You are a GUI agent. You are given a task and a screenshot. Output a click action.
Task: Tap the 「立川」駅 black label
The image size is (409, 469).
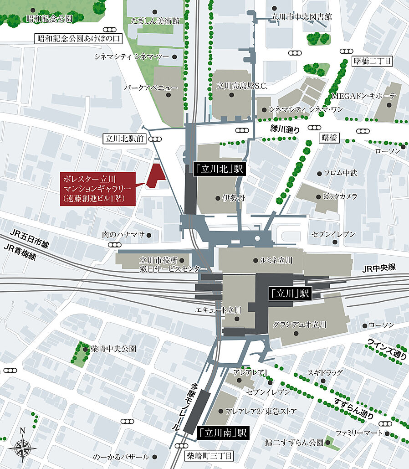point(289,294)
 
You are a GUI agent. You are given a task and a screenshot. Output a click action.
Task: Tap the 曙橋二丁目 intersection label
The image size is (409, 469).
point(373,61)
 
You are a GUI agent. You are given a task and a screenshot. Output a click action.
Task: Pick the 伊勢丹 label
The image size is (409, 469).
point(231,198)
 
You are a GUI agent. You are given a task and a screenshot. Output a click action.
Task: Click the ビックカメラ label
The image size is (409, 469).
point(339,196)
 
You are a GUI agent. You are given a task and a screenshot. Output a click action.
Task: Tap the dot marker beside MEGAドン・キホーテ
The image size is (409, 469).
point(389,105)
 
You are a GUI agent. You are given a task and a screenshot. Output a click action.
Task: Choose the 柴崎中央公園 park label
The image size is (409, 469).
point(113,349)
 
